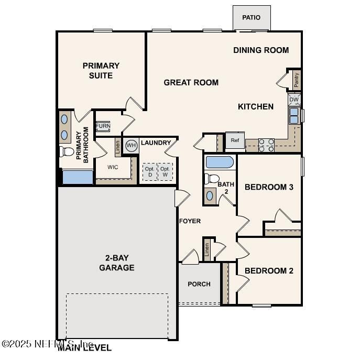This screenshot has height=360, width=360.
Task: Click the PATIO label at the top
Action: coord(251,18)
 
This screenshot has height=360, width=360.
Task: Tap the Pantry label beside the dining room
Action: coord(296,80)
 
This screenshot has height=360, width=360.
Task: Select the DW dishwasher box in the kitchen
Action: coord(294,100)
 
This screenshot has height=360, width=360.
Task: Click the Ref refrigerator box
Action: coord(235,140)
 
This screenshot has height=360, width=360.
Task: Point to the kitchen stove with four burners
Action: coord(266,145)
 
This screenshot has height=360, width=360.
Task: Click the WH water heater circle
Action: coord(131,146)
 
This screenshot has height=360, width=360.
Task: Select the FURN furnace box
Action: coord(103,127)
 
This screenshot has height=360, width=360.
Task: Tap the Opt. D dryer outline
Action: coord(149,172)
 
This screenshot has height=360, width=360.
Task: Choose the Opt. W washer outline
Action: coord(165,172)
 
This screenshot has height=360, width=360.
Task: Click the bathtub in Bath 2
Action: coord(220,162)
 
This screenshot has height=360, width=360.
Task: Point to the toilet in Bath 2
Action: coord(212,179)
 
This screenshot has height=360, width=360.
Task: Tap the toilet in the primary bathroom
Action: coord(67,152)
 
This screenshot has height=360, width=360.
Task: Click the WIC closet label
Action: coord(113,168)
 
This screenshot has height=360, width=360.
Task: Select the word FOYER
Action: coord(190,221)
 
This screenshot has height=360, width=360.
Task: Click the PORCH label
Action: coord(199,284)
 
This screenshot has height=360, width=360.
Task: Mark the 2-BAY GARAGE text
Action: coord(117,263)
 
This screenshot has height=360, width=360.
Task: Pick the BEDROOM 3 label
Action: coord(269,187)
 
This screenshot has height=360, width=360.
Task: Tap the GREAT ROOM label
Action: coord(191,82)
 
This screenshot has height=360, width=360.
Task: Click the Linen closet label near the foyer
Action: coord(207,249)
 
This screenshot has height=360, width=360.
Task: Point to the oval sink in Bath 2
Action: coord(210,195)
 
